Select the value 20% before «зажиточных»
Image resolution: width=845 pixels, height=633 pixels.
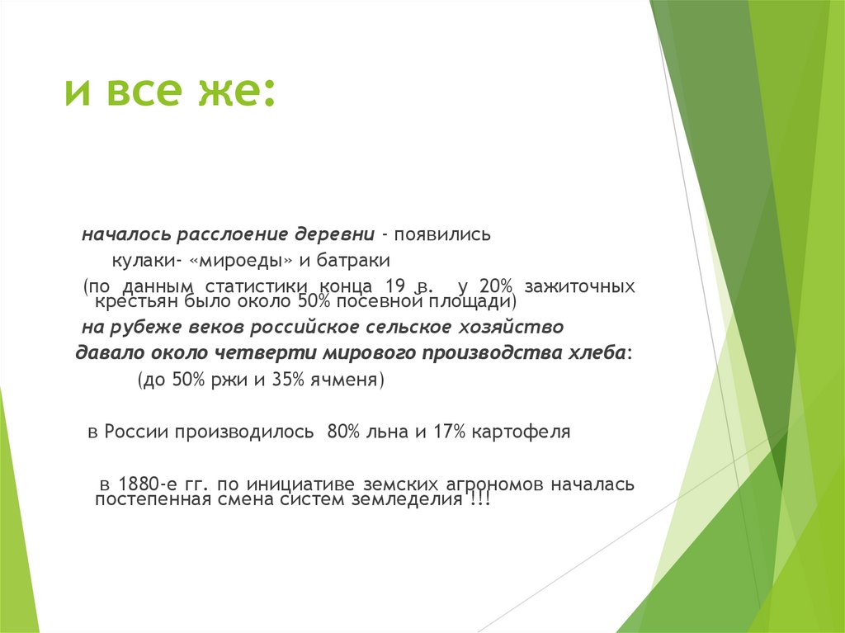pyautogui.click(x=495, y=286)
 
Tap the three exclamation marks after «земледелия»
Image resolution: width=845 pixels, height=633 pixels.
pyautogui.click(x=479, y=501)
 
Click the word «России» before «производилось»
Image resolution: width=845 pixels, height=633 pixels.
pyautogui.click(x=136, y=432)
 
